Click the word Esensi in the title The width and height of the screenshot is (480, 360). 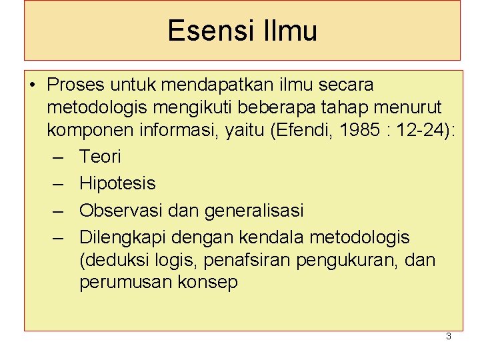[205, 31]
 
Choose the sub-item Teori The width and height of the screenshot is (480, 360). [100, 157]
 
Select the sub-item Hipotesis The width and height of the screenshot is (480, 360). [117, 183]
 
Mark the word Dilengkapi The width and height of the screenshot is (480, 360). [124, 237]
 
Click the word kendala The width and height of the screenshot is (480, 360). [281, 237]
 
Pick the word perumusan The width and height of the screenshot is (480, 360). [123, 283]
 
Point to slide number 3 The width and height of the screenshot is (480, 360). [448, 337]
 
